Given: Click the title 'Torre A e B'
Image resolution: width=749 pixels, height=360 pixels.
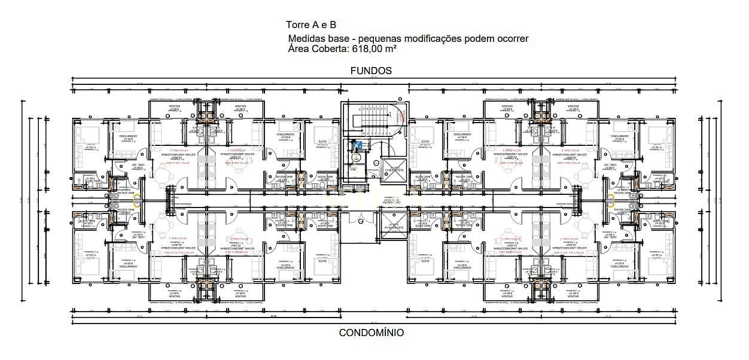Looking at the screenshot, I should [312, 25].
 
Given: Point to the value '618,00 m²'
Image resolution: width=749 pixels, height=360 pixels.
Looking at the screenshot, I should [371, 49].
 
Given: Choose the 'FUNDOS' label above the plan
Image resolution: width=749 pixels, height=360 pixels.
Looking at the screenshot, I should [371, 71].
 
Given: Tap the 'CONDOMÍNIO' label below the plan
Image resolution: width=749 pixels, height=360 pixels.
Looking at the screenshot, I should [371, 332].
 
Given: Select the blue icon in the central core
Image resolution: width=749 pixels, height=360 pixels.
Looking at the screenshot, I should [358, 144].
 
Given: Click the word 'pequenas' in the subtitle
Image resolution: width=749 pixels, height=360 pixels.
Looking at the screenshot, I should [380, 39].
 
